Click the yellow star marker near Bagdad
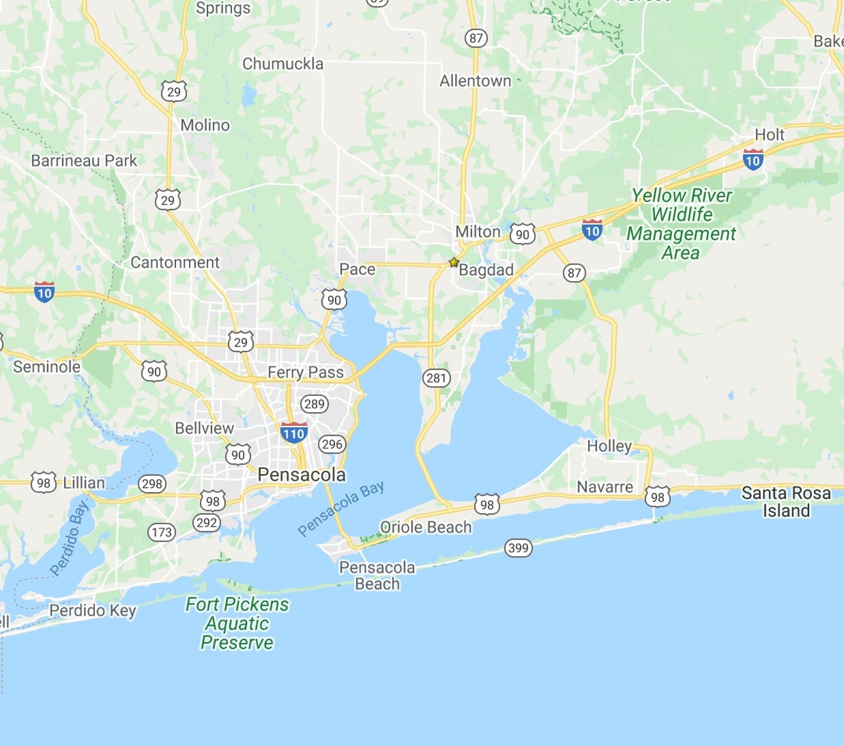[454, 262]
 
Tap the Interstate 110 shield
[294, 433]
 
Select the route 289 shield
[314, 404]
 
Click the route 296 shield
[332, 444]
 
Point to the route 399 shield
[518, 547]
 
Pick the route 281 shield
[436, 377]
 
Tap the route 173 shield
[161, 532]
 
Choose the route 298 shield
[152, 483]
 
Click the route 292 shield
[206, 522]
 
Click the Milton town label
[477, 232]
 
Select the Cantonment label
[175, 262]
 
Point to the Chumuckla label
[283, 64]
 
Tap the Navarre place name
[605, 487]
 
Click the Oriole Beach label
[426, 527]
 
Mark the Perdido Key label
[93, 610]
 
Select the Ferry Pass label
[305, 372]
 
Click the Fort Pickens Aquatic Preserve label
[237, 623]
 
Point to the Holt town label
[770, 135]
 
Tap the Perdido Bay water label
[70, 539]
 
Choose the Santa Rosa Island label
[786, 502]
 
